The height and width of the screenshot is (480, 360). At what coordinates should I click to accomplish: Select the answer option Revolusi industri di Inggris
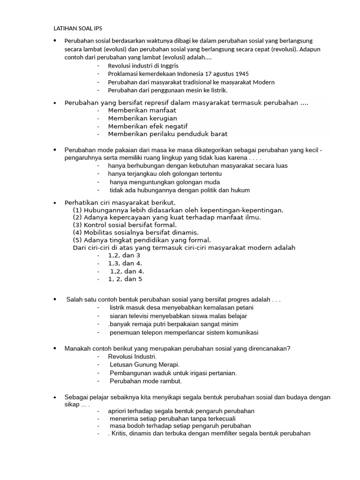point(143,66)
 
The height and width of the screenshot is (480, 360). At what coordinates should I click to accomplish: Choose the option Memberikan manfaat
point(139,110)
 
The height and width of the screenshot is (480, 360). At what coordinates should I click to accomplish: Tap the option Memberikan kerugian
point(142,118)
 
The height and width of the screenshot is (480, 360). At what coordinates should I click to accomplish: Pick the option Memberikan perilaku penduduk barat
point(167,134)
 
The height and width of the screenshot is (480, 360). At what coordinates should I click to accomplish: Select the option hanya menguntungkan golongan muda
point(165,182)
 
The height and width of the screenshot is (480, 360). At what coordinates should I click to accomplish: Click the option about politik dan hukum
point(180,190)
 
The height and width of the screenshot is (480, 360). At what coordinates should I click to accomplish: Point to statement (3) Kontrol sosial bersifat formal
point(124,225)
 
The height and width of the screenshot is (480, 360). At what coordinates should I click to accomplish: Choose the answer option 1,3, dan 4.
point(125,263)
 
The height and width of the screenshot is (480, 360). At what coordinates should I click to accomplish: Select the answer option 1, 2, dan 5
point(125,279)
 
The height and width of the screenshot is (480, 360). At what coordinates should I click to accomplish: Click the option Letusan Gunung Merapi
point(144,365)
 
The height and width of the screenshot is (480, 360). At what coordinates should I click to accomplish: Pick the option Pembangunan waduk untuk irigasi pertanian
point(173,373)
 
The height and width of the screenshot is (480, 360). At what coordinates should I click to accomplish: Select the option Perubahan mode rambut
point(145,381)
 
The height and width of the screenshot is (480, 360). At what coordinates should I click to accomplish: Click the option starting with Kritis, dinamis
point(209,434)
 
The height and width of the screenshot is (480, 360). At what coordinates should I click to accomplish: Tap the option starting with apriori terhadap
point(181,411)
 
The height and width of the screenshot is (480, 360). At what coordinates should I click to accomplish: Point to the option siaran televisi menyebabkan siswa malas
point(178,316)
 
